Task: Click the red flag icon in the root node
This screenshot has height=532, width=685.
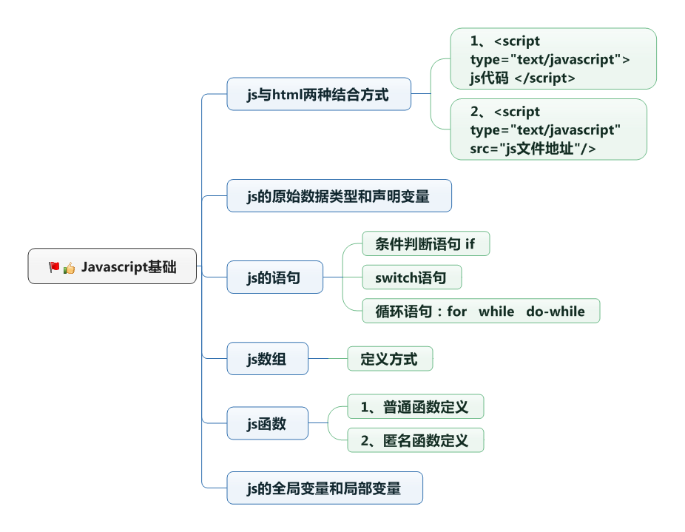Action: click(54, 267)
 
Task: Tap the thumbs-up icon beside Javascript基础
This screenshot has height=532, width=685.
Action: click(69, 268)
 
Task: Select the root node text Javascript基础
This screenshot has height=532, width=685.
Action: click(129, 267)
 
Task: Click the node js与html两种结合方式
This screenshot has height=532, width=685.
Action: click(318, 94)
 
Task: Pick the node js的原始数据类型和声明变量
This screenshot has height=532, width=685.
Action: click(338, 196)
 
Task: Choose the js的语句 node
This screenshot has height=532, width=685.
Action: click(274, 278)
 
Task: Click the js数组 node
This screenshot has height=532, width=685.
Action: click(267, 360)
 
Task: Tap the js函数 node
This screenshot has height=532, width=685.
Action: click(267, 424)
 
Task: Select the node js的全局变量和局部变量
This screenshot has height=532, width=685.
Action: click(324, 488)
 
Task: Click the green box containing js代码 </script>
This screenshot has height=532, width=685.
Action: click(553, 59)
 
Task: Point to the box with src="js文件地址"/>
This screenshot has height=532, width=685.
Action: click(548, 130)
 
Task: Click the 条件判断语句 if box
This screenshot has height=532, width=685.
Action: click(425, 244)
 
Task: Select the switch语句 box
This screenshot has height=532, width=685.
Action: click(411, 278)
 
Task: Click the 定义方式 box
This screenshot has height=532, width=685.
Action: click(389, 360)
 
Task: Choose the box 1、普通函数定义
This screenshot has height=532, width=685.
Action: click(415, 407)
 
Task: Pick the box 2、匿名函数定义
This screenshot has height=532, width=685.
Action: click(415, 441)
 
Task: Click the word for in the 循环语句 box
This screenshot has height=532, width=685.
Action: click(456, 312)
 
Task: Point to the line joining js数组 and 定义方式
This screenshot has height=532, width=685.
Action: click(328, 360)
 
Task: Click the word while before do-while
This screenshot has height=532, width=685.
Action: click(496, 312)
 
